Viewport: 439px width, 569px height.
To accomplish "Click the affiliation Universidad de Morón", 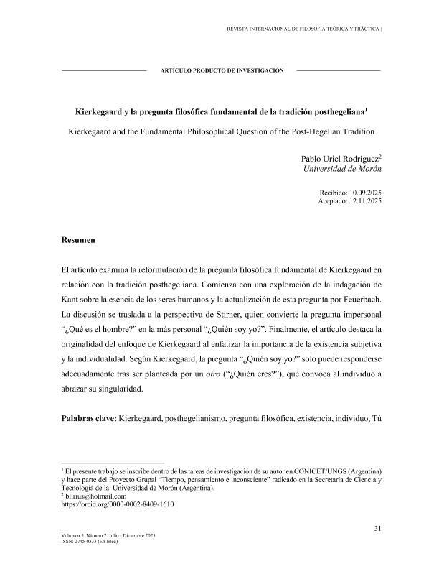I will pos(343,169).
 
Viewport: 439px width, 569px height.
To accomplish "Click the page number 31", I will pos(377,529).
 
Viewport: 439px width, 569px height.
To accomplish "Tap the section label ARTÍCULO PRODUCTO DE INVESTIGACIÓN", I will pos(222,70).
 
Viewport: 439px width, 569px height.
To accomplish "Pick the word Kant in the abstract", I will pos(72,297).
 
